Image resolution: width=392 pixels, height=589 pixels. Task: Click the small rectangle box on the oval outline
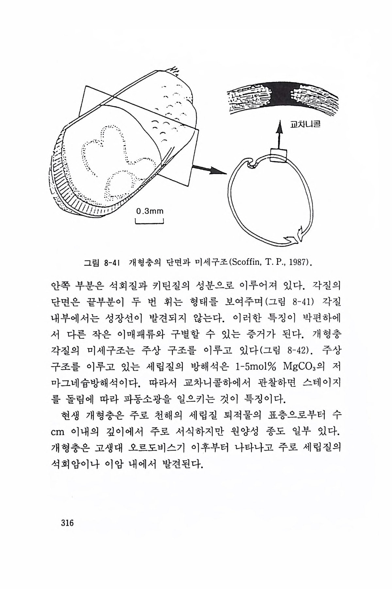tap(278, 155)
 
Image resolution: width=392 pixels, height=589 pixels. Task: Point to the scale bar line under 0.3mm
tap(149, 223)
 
